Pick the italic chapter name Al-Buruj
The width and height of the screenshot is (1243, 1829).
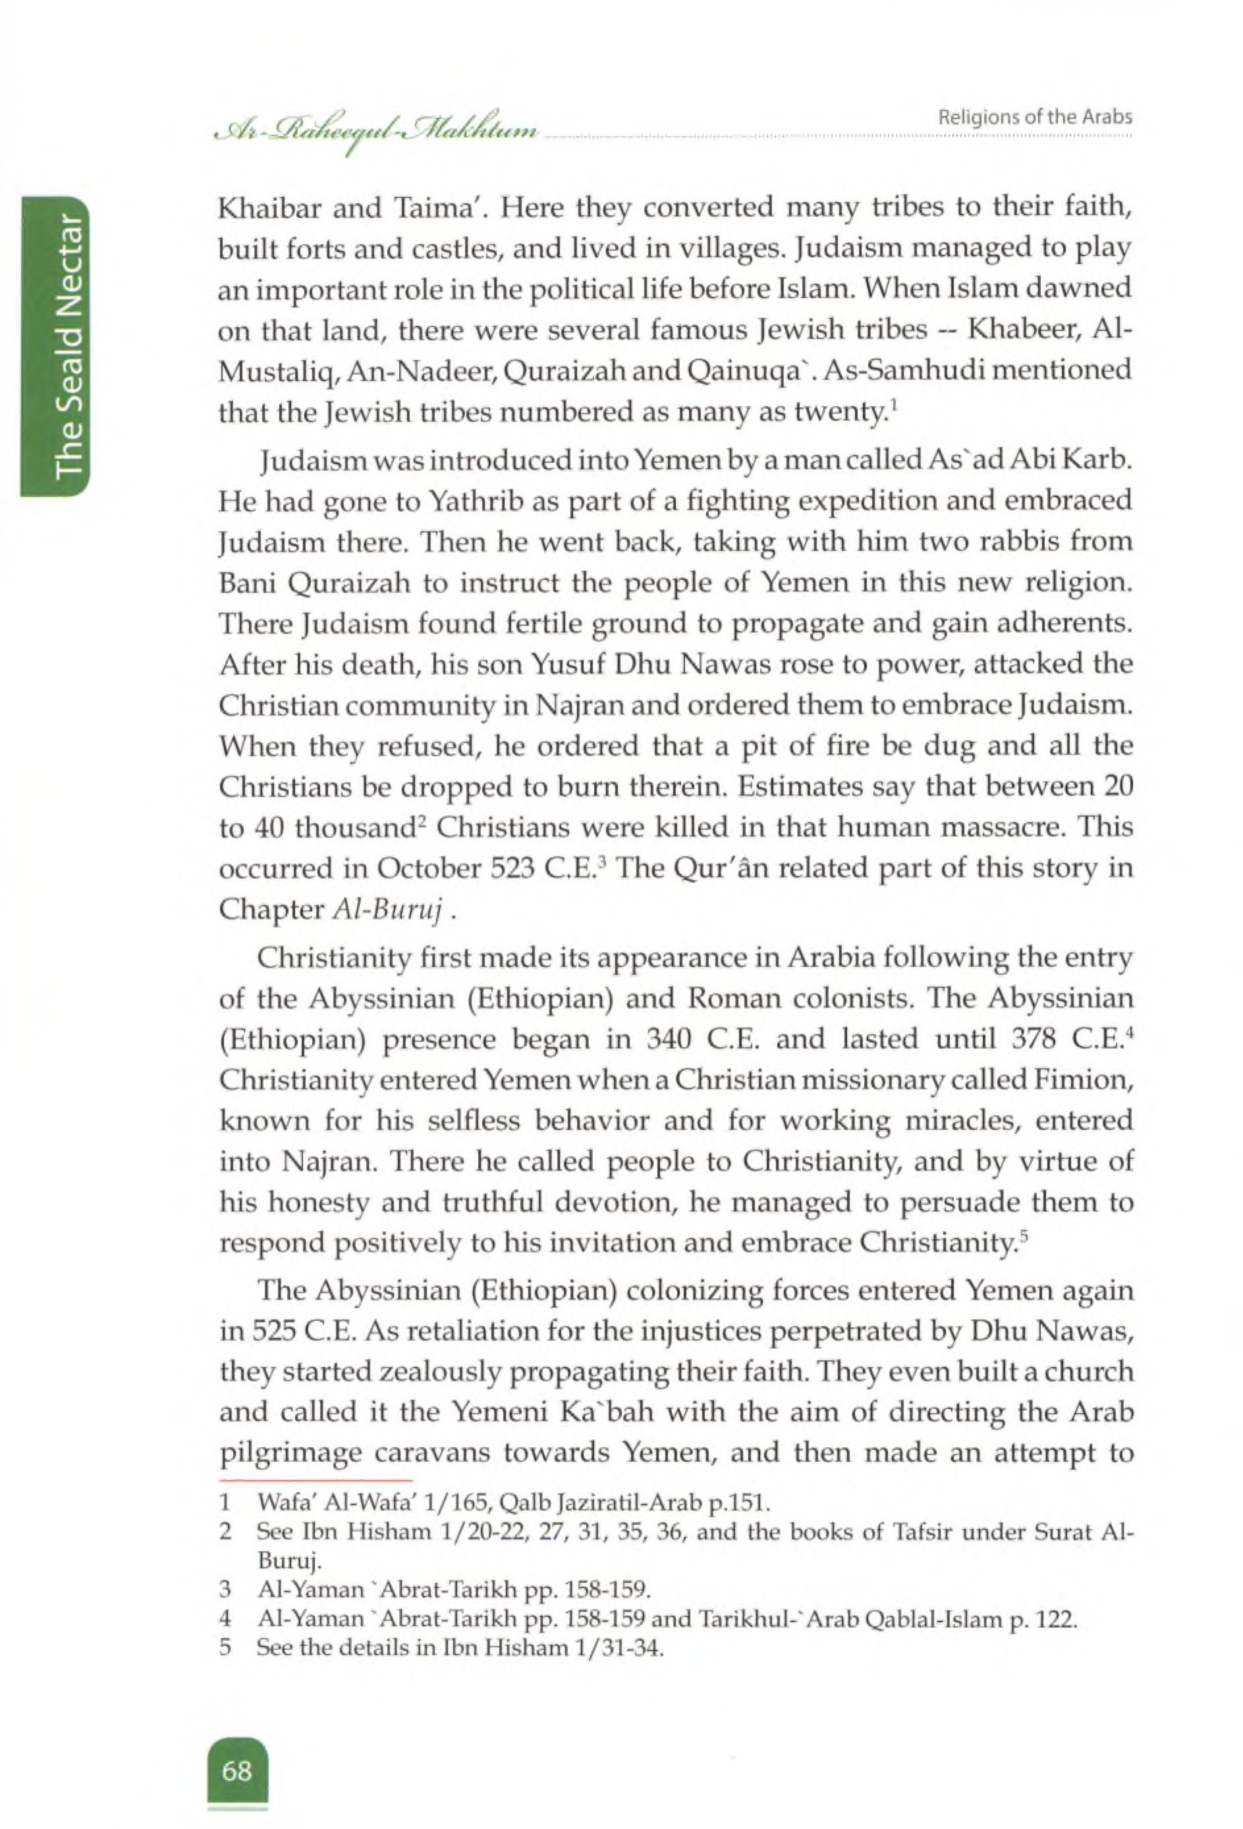391,910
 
